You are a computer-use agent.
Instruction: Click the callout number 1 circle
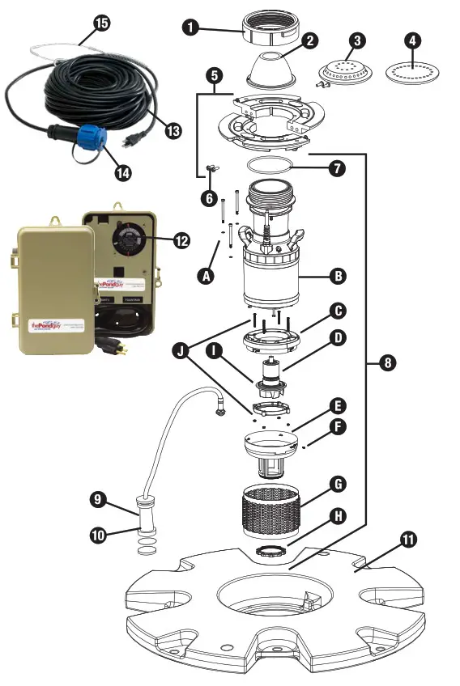(x=190, y=27)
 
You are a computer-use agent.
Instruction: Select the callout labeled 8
(x=387, y=363)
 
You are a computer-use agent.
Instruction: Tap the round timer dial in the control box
(x=129, y=239)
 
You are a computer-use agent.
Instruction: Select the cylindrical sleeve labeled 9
(x=146, y=514)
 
